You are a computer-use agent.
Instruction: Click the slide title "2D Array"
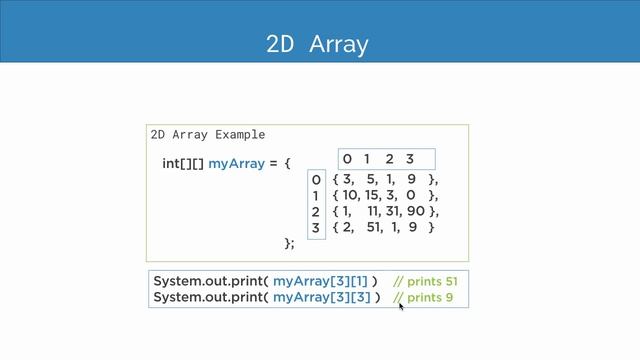click(x=317, y=44)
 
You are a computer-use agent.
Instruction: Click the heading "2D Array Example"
click(x=207, y=134)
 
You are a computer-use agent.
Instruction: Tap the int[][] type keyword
click(x=183, y=162)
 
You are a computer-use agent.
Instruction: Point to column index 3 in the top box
click(x=409, y=159)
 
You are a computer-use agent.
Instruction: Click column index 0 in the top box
click(x=347, y=159)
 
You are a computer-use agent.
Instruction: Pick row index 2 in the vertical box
click(x=315, y=212)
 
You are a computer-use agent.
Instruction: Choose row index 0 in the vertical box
click(x=315, y=180)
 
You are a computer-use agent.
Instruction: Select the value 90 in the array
click(x=416, y=212)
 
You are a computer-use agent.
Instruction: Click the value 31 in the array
click(x=394, y=212)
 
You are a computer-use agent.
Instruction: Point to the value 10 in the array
click(x=351, y=196)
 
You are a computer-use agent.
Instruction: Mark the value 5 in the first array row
click(x=370, y=180)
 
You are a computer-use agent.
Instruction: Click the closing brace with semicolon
click(x=290, y=243)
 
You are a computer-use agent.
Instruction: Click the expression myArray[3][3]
click(x=321, y=298)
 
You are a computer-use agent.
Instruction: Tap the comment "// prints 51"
click(x=425, y=282)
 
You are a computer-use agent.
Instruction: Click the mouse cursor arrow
click(x=401, y=307)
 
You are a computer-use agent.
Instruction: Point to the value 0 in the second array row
click(x=412, y=196)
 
